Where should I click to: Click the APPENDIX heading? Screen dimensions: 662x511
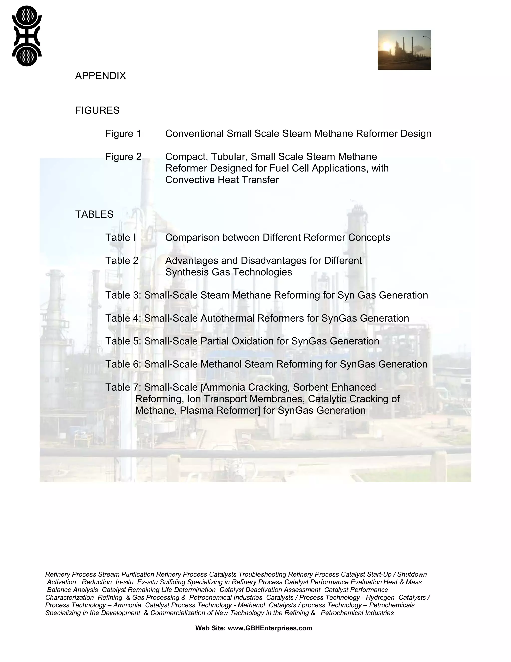(x=100, y=76)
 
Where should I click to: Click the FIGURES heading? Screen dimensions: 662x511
(x=97, y=110)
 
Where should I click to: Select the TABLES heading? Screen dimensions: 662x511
(x=94, y=214)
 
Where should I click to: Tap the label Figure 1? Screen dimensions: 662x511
(x=123, y=134)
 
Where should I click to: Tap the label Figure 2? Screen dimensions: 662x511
(x=123, y=157)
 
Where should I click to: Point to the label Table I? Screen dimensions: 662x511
(x=121, y=237)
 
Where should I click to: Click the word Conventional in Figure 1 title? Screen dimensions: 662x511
(x=194, y=134)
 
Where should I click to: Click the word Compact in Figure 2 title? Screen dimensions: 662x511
(x=186, y=157)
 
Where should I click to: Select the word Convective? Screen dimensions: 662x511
(x=190, y=180)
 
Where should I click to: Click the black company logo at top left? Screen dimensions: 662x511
(x=27, y=36)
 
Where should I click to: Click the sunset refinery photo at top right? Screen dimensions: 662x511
(x=404, y=50)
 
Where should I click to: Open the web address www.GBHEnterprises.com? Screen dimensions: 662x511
(x=269, y=628)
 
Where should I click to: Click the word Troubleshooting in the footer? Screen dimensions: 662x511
(x=262, y=574)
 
